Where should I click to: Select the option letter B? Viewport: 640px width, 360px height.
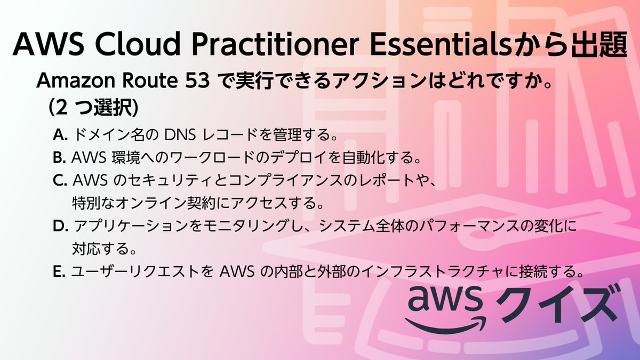59,158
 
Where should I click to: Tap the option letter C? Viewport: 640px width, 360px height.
59,181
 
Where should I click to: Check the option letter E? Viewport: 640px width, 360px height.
59,272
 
